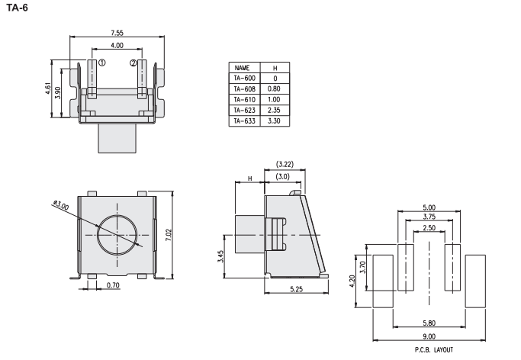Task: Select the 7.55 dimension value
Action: pos(118,34)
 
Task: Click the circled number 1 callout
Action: pos(102,63)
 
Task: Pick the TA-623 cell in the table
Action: pos(244,110)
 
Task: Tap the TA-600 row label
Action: pos(244,78)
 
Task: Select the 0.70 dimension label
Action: pos(114,285)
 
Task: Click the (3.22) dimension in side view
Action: pos(284,164)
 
